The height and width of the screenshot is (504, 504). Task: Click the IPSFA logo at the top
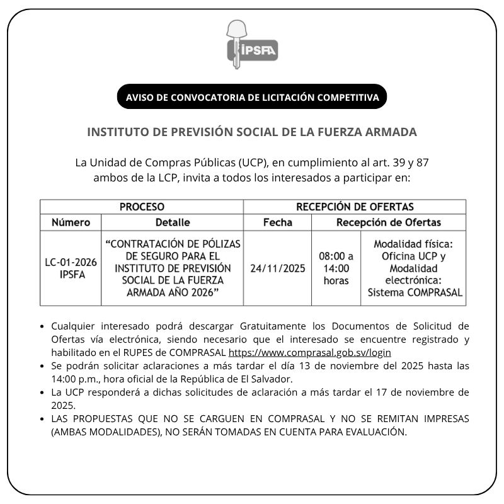click(252, 45)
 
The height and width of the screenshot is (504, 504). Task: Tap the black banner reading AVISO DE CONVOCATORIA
click(252, 98)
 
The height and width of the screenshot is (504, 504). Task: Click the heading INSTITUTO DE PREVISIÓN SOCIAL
click(252, 132)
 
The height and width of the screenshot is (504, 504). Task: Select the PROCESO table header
click(142, 207)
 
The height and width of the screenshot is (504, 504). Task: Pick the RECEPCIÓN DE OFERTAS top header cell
click(355, 207)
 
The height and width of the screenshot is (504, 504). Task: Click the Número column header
click(71, 222)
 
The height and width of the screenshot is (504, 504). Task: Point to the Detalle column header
click(172, 222)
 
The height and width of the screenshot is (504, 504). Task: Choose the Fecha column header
click(277, 222)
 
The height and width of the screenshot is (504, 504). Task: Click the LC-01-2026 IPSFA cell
click(71, 268)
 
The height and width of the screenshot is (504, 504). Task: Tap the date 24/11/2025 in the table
click(277, 268)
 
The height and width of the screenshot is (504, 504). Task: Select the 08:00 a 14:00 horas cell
click(336, 268)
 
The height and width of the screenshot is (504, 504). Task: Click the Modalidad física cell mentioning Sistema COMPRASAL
click(413, 268)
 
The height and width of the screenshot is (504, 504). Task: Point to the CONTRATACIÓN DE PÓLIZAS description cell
click(172, 268)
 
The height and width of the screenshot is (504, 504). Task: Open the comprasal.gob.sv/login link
click(309, 353)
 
